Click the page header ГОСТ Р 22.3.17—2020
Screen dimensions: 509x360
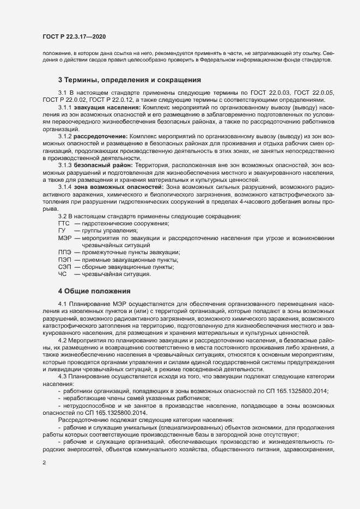(74, 36)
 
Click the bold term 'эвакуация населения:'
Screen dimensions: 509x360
(108, 107)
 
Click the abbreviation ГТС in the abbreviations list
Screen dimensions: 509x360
(64, 224)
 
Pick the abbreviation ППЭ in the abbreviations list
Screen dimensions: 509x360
(64, 252)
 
